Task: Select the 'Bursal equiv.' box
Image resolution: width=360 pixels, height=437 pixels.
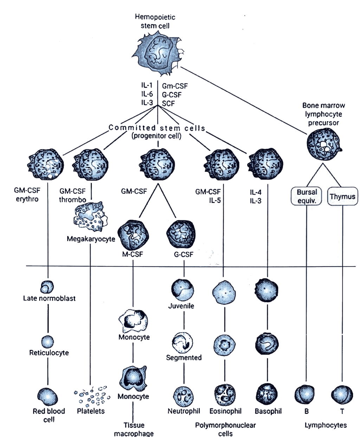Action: (x=307, y=196)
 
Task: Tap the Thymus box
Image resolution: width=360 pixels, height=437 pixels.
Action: (x=342, y=196)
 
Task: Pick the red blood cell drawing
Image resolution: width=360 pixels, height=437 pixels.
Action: (x=47, y=397)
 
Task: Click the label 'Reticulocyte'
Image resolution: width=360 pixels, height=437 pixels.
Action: (x=49, y=353)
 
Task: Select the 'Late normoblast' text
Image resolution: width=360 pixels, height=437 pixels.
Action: (x=49, y=298)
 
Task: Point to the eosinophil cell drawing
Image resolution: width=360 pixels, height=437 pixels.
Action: (x=225, y=395)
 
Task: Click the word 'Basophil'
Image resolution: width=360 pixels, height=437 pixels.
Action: (x=268, y=411)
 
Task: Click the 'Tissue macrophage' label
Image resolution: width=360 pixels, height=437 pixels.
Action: (x=134, y=429)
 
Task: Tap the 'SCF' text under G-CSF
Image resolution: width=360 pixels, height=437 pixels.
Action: (x=168, y=103)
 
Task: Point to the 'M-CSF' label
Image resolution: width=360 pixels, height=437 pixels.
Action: (x=133, y=254)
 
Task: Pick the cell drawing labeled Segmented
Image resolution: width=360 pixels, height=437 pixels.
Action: (x=183, y=342)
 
